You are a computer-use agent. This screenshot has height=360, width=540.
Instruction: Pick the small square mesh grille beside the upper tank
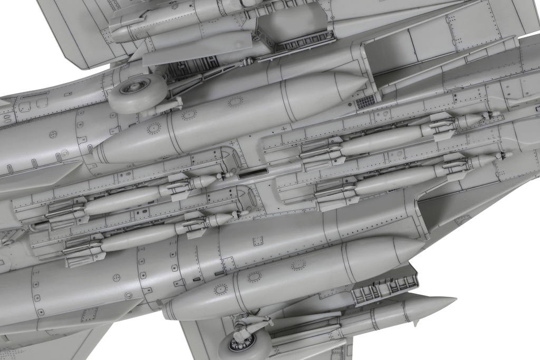[x=365, y=101]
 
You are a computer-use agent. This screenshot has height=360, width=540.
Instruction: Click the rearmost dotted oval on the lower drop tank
[x=220, y=288]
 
